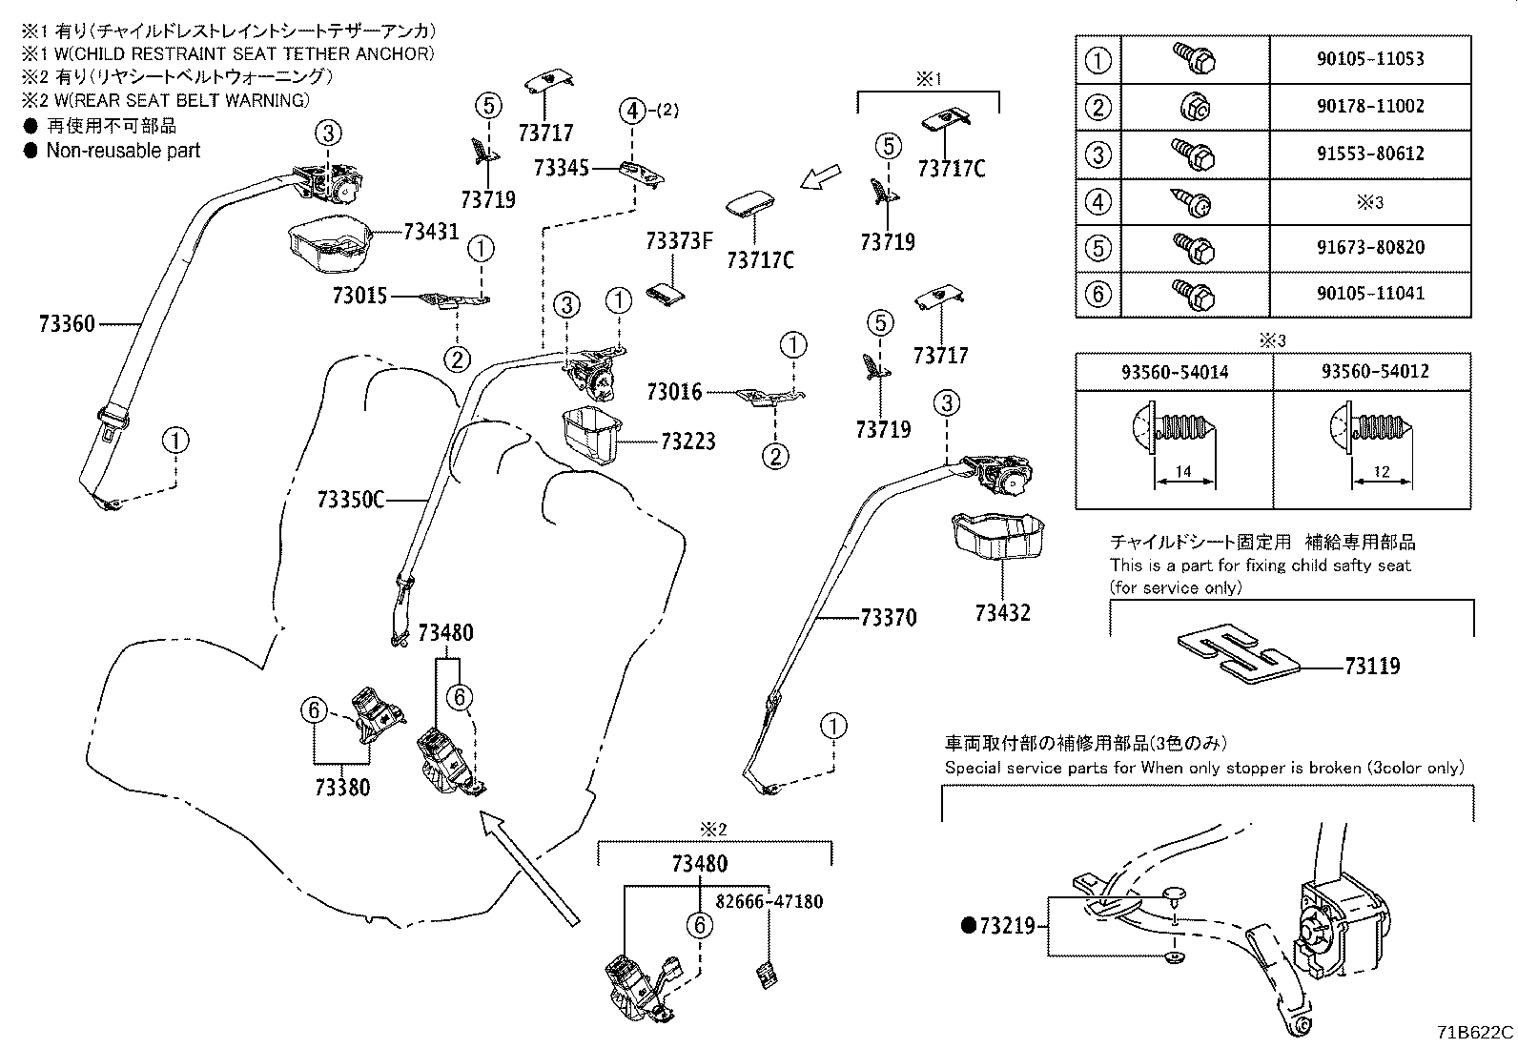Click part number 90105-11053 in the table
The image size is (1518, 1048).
pyautogui.click(x=1369, y=59)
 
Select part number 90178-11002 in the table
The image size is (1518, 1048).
pyautogui.click(x=1369, y=106)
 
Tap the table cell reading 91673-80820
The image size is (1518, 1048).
pyautogui.click(x=1369, y=248)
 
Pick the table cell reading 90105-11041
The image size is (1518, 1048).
pyautogui.click(x=1369, y=294)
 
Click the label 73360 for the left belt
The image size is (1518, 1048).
pyautogui.click(x=67, y=324)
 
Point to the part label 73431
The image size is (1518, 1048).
pyautogui.click(x=431, y=232)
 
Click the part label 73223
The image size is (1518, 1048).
pyautogui.click(x=687, y=442)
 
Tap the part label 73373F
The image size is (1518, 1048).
pyautogui.click(x=679, y=240)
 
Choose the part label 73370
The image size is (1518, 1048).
pyautogui.click(x=888, y=618)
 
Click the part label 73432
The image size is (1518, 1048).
pyautogui.click(x=1002, y=613)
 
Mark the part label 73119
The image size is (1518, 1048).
pyautogui.click(x=1372, y=667)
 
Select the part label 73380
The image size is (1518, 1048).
pyautogui.click(x=342, y=788)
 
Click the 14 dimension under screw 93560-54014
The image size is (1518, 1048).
pyautogui.click(x=1184, y=472)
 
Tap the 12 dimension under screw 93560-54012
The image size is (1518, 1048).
pyautogui.click(x=1382, y=472)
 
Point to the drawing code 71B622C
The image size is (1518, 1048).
pyautogui.click(x=1475, y=1033)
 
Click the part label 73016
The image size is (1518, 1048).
pyautogui.click(x=673, y=392)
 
